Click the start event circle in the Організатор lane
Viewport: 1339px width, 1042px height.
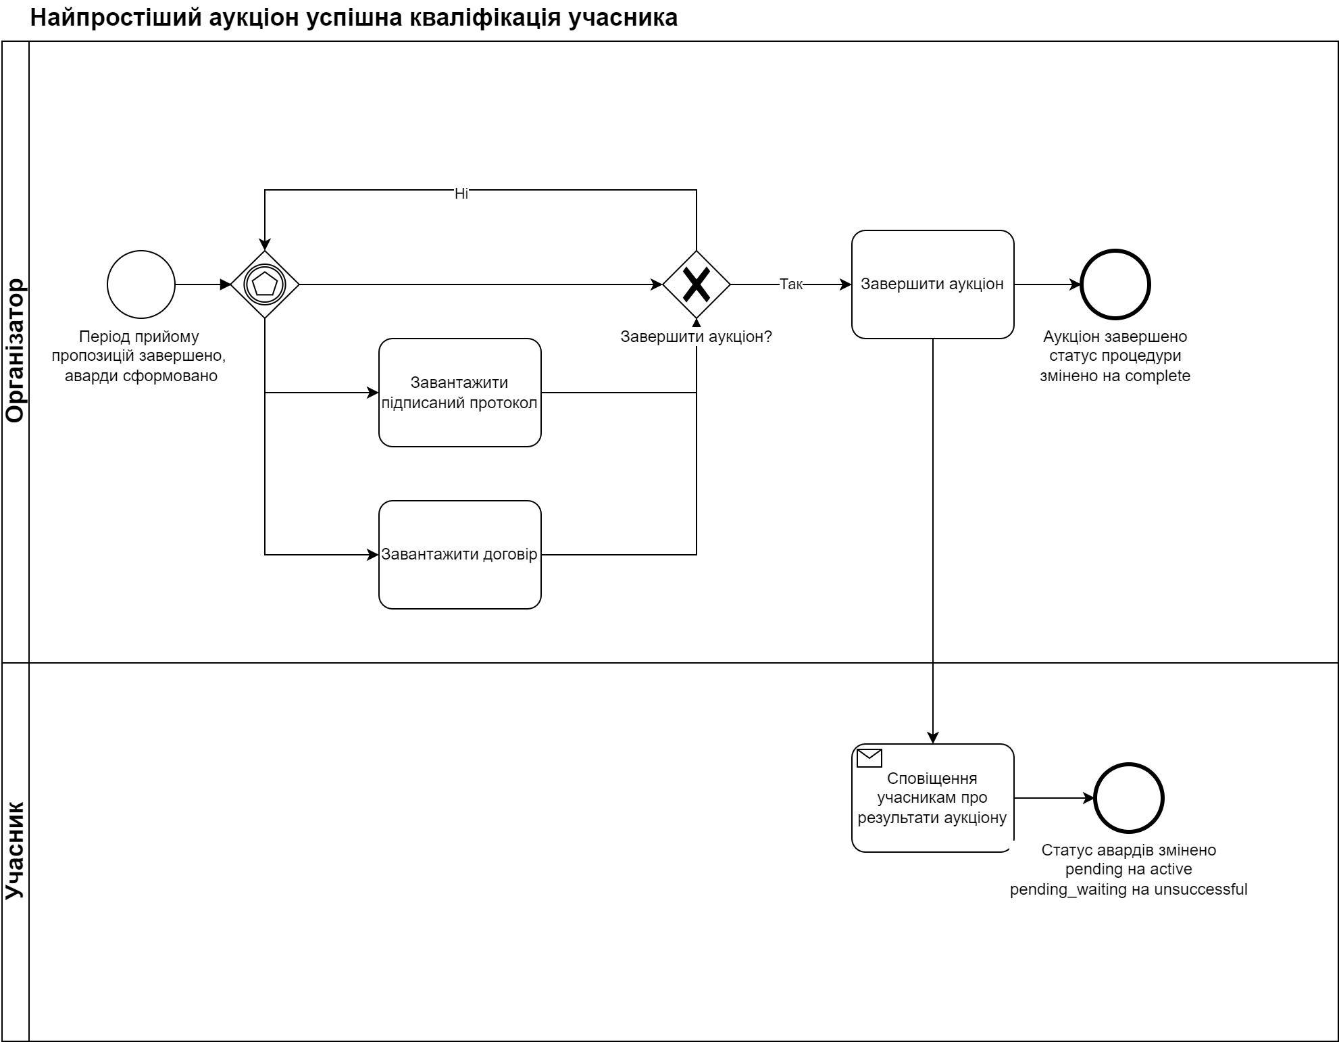click(141, 284)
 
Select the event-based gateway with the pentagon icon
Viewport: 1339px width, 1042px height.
click(265, 284)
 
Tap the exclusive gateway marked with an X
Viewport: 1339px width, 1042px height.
click(697, 284)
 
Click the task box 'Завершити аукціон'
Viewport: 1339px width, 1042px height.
click(932, 284)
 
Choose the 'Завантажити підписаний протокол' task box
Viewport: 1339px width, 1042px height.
click(459, 393)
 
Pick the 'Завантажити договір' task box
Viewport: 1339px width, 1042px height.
click(459, 555)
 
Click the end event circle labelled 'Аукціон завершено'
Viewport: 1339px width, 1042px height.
click(1115, 284)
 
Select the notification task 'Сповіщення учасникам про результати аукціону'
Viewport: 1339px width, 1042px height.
click(932, 798)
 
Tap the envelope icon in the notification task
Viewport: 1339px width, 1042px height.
click(869, 758)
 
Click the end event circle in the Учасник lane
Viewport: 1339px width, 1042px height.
click(1129, 798)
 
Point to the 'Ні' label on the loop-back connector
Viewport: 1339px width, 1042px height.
click(461, 194)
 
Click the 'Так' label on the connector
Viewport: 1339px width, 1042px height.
click(791, 284)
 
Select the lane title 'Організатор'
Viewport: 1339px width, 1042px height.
click(16, 351)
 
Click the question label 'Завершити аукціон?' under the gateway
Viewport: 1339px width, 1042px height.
click(696, 337)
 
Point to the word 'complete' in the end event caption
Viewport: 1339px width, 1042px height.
click(1157, 376)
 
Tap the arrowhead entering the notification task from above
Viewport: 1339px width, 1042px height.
click(933, 738)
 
